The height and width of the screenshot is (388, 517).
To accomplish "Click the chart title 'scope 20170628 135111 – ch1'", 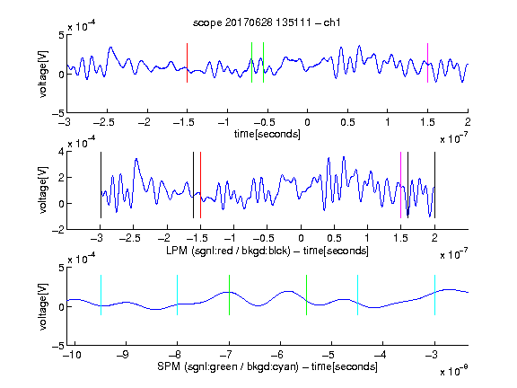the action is (267, 22).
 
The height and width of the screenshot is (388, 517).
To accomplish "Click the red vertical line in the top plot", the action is (187, 63).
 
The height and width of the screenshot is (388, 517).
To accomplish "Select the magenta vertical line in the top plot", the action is (427, 63).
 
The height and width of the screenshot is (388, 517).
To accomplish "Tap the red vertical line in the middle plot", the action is (200, 185).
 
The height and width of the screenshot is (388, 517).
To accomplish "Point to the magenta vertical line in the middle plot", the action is (400, 185).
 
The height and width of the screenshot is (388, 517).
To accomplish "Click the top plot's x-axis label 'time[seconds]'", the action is (267, 134).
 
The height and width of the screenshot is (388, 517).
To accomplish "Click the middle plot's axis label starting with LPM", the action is (267, 251).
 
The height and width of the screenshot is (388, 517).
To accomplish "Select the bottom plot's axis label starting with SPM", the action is (267, 366).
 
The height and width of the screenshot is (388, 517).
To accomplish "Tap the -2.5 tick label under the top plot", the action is (103, 122).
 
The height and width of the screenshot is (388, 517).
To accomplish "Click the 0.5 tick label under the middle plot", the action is (334, 238).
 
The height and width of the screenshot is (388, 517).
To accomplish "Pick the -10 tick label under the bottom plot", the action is (72, 355).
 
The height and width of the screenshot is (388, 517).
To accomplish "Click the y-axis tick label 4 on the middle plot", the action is (61, 152).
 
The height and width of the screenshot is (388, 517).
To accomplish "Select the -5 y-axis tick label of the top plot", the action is (57, 113).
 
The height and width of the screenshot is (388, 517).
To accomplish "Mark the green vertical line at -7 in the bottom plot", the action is (229, 295).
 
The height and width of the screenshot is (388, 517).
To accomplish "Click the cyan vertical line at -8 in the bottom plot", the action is (177, 295).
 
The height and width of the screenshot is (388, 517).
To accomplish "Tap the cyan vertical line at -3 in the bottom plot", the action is (434, 295).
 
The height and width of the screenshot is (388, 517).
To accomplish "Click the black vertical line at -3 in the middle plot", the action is (101, 185).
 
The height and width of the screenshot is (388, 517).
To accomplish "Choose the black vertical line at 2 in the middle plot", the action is (434, 185).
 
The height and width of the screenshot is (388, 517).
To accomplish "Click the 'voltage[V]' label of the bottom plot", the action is (43, 306).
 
